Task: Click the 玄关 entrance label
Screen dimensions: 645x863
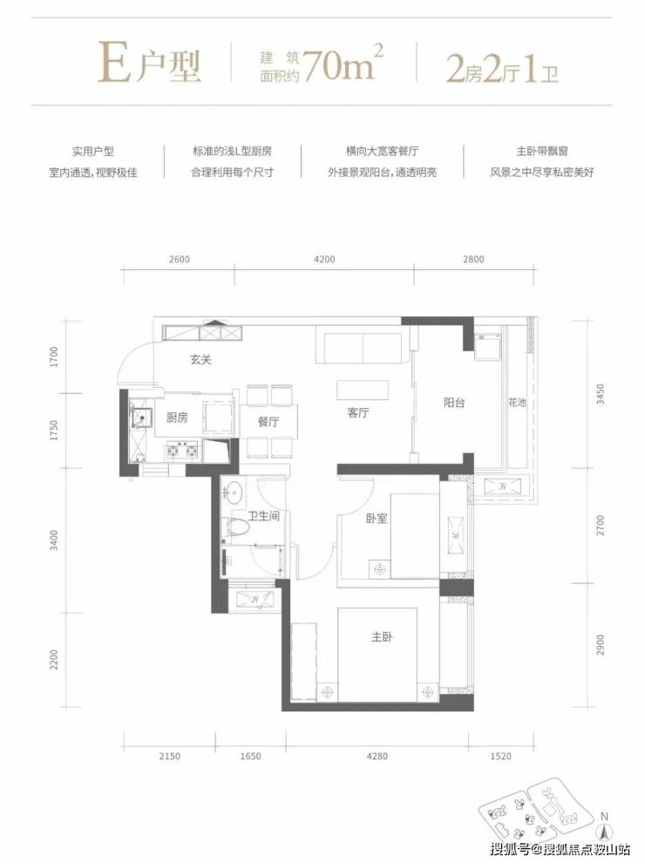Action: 200,360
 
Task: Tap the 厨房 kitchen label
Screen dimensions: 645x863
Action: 177,418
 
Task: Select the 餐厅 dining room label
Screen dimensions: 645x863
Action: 268,422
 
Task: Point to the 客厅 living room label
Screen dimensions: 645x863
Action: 358,413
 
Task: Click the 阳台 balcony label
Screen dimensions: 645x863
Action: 454,403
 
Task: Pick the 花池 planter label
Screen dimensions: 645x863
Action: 518,403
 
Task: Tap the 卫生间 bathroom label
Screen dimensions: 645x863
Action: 263,516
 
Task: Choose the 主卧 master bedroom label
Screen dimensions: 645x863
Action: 382,637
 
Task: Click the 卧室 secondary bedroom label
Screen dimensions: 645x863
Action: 377,519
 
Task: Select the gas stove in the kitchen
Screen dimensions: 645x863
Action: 182,451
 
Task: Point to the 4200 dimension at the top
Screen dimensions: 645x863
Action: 324,259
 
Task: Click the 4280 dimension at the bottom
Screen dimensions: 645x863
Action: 377,757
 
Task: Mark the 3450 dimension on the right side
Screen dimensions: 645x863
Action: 601,394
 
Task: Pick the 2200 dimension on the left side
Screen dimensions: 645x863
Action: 54,659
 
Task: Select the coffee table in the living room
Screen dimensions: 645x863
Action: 363,390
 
